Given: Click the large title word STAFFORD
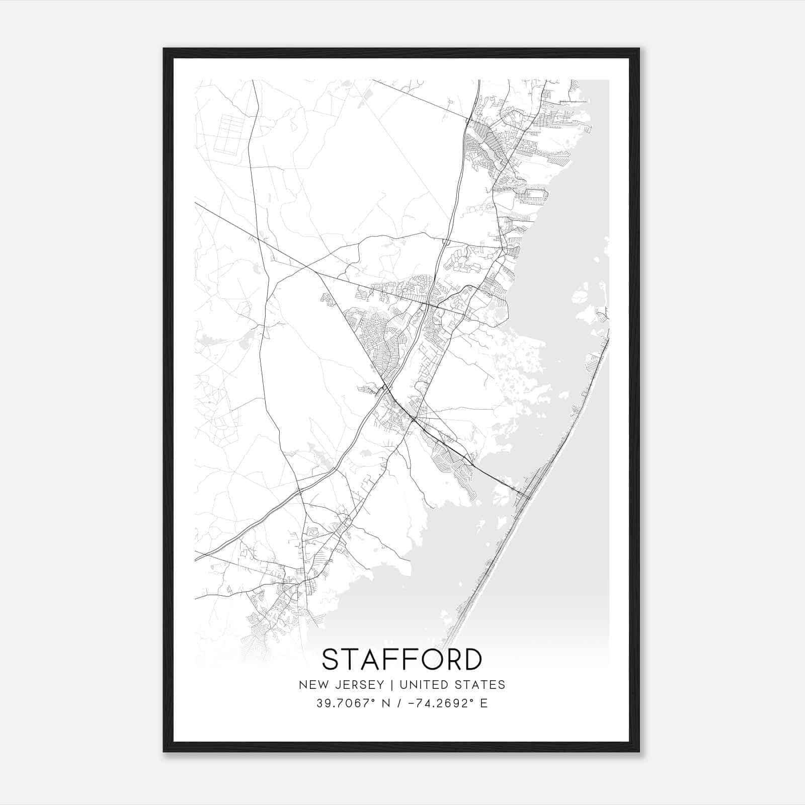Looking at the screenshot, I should (401, 659).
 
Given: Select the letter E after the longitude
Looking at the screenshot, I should (484, 703).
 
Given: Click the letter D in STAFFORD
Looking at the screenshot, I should (472, 659).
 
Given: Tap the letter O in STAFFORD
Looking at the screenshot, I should (421, 659).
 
